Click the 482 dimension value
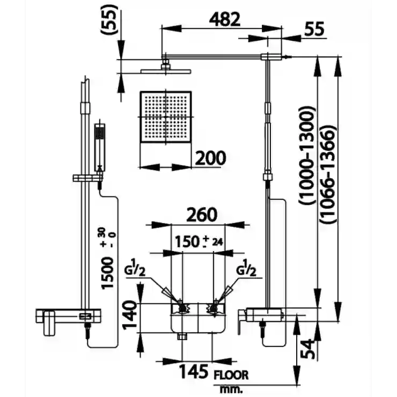(x=225, y=19)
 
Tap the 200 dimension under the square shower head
(x=211, y=158)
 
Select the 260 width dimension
(x=202, y=214)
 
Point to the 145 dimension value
(x=194, y=371)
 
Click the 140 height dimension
(x=130, y=314)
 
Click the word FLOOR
(x=231, y=375)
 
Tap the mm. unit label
(x=231, y=389)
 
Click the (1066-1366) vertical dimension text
(x=328, y=174)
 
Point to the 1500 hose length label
(x=108, y=273)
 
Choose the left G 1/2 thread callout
(x=135, y=268)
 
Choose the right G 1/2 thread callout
(x=246, y=268)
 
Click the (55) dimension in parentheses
(x=109, y=19)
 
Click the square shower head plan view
(x=166, y=117)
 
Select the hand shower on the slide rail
(x=100, y=148)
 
